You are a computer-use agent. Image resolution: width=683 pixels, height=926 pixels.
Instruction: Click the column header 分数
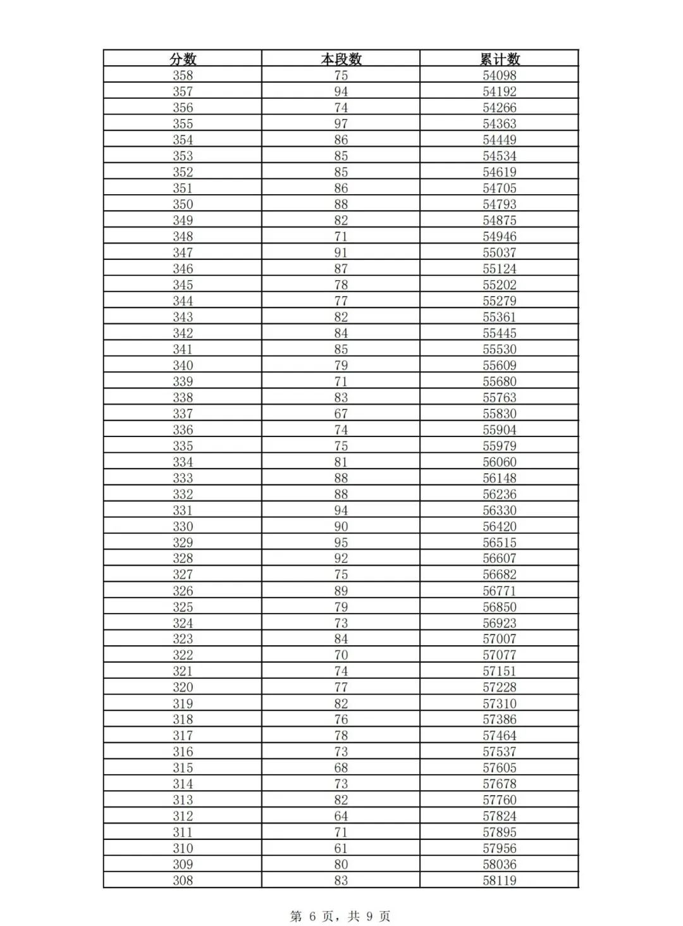(183, 59)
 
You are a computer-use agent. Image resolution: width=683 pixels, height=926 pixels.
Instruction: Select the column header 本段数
(341, 59)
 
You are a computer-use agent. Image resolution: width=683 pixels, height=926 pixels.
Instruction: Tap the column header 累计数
(500, 59)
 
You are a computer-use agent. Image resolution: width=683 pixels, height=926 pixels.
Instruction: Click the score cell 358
(183, 75)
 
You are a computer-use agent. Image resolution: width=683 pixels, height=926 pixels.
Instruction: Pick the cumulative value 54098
(500, 75)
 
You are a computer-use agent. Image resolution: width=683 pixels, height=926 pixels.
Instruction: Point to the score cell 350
(183, 204)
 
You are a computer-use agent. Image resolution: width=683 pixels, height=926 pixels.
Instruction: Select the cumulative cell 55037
(500, 252)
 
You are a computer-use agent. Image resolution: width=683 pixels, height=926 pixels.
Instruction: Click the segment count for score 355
(341, 124)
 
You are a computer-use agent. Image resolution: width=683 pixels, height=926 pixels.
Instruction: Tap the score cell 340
(183, 366)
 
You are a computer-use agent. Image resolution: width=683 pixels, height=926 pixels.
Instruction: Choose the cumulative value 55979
(500, 446)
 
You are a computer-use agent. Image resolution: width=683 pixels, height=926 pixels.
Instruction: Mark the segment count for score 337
(341, 414)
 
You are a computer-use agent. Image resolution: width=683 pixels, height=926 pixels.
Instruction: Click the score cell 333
(183, 478)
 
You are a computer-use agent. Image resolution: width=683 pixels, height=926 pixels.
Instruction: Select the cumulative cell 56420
(500, 526)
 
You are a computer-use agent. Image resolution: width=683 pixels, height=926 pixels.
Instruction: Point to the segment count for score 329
(341, 543)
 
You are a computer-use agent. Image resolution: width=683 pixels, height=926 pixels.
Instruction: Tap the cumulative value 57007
(500, 639)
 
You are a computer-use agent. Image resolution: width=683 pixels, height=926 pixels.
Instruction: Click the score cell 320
(183, 688)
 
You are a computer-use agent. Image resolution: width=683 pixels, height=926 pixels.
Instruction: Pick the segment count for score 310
(341, 848)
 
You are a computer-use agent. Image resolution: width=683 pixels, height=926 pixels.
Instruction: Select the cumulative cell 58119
(500, 880)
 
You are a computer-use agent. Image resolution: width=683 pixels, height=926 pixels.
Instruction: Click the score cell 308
(183, 880)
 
